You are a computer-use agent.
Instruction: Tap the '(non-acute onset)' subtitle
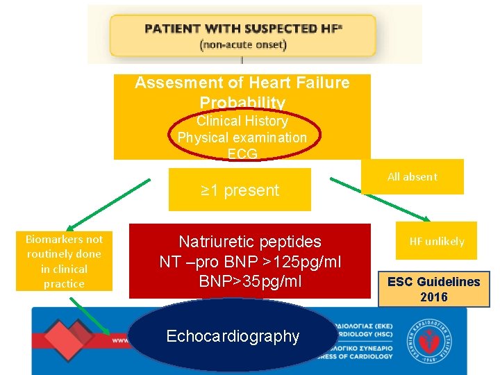click(x=242, y=44)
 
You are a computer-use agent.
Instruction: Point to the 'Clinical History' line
click(x=242, y=121)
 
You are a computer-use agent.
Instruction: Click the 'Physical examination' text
click(x=242, y=137)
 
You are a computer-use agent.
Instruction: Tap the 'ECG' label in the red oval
click(x=242, y=153)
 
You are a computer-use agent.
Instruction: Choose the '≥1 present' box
click(x=240, y=190)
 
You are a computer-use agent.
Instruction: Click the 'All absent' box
click(x=412, y=177)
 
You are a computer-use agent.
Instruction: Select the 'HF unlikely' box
click(x=436, y=241)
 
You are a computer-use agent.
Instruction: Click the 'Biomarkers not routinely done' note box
click(x=65, y=261)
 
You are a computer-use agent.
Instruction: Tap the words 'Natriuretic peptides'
click(x=250, y=242)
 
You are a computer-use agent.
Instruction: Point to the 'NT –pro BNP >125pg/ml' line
click(x=250, y=262)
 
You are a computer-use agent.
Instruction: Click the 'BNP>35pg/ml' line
click(x=250, y=282)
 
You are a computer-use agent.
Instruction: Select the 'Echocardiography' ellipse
click(x=233, y=337)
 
